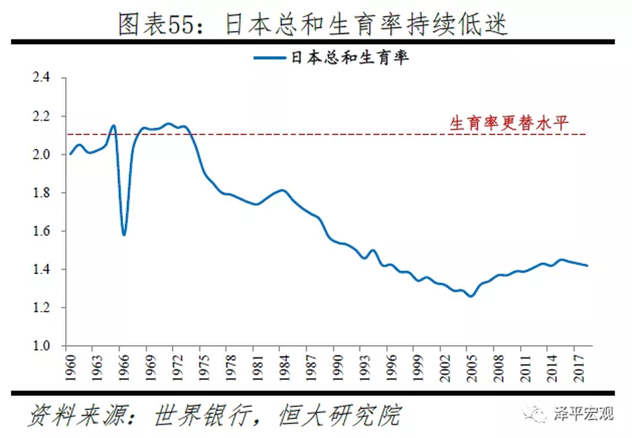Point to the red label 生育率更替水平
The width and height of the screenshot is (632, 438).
pyautogui.click(x=508, y=123)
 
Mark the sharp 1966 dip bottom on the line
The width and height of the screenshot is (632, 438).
pyautogui.click(x=124, y=234)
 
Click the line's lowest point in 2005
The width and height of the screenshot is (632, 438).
pyautogui.click(x=470, y=296)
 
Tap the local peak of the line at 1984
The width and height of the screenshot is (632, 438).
pyautogui.click(x=283, y=190)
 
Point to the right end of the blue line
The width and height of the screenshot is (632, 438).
pyautogui.click(x=587, y=265)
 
